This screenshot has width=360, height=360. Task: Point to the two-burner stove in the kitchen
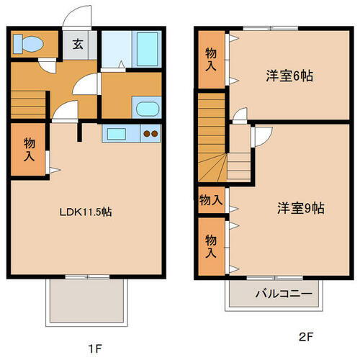click(150, 133)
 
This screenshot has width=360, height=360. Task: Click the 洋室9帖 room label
click(301, 209)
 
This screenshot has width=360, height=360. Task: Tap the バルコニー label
click(283, 294)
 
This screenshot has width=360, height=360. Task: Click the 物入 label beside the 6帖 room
click(210, 60)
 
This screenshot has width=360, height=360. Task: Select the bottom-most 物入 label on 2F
click(210, 246)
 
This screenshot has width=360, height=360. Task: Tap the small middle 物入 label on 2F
click(210, 199)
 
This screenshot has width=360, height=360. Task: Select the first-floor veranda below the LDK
click(87, 300)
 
